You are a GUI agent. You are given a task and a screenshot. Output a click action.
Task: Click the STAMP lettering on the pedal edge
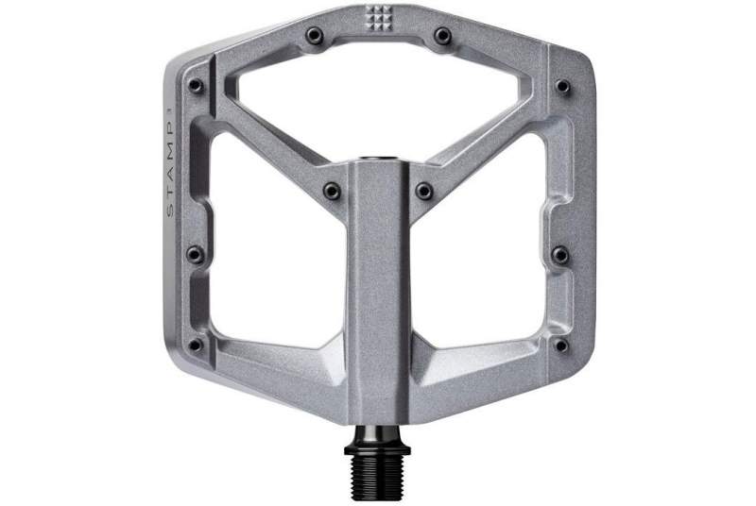pyautogui.click(x=170, y=161)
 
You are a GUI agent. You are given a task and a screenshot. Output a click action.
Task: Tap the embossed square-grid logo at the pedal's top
pyautogui.click(x=377, y=18)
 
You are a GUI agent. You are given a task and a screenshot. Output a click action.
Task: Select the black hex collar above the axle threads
pyautogui.click(x=377, y=447)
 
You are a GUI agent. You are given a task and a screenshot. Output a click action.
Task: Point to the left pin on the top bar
pyautogui.click(x=315, y=35)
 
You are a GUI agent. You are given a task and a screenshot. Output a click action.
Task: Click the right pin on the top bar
pyautogui.click(x=442, y=35)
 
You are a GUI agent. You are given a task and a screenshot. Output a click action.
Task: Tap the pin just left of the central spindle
pyautogui.click(x=332, y=191)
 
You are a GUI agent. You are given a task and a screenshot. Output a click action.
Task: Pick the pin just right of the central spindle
pyautogui.click(x=424, y=191)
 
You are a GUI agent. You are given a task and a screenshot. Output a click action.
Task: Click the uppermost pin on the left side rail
pyautogui.click(x=196, y=86)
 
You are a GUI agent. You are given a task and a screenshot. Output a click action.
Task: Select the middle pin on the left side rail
pyautogui.click(x=196, y=254)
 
